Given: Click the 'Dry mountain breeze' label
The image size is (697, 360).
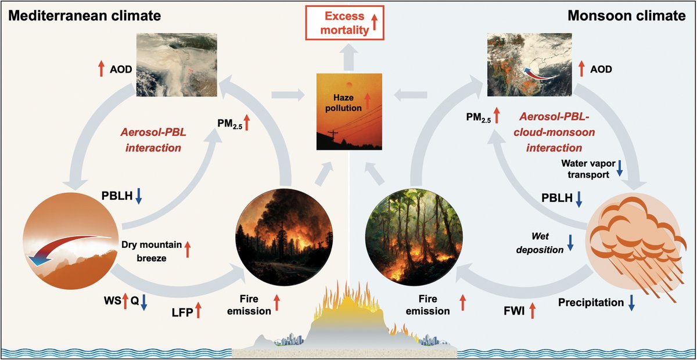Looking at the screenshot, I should (x=152, y=250).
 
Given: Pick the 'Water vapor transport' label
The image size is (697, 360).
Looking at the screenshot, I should (x=584, y=168).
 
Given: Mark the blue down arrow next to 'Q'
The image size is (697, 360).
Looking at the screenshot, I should (x=145, y=301).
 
